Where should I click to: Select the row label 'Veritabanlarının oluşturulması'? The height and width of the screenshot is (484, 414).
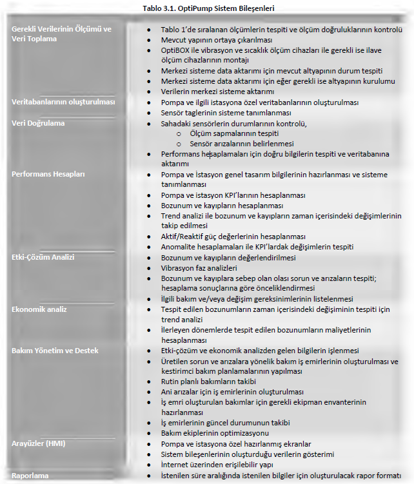click(63, 102)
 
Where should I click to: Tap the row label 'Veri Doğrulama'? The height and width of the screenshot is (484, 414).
click(38, 123)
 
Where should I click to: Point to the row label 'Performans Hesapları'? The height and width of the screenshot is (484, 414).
click(48, 174)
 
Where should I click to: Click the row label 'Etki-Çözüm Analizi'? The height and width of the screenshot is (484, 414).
click(43, 257)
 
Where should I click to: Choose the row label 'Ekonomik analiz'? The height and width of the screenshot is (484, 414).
click(39, 309)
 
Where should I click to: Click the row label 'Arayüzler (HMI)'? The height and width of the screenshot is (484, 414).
click(38, 443)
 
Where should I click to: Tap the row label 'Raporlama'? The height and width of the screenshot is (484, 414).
click(30, 475)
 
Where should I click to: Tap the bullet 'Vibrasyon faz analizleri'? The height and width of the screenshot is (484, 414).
click(199, 267)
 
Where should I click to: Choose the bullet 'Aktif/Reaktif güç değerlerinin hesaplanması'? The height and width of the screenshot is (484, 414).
click(233, 236)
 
